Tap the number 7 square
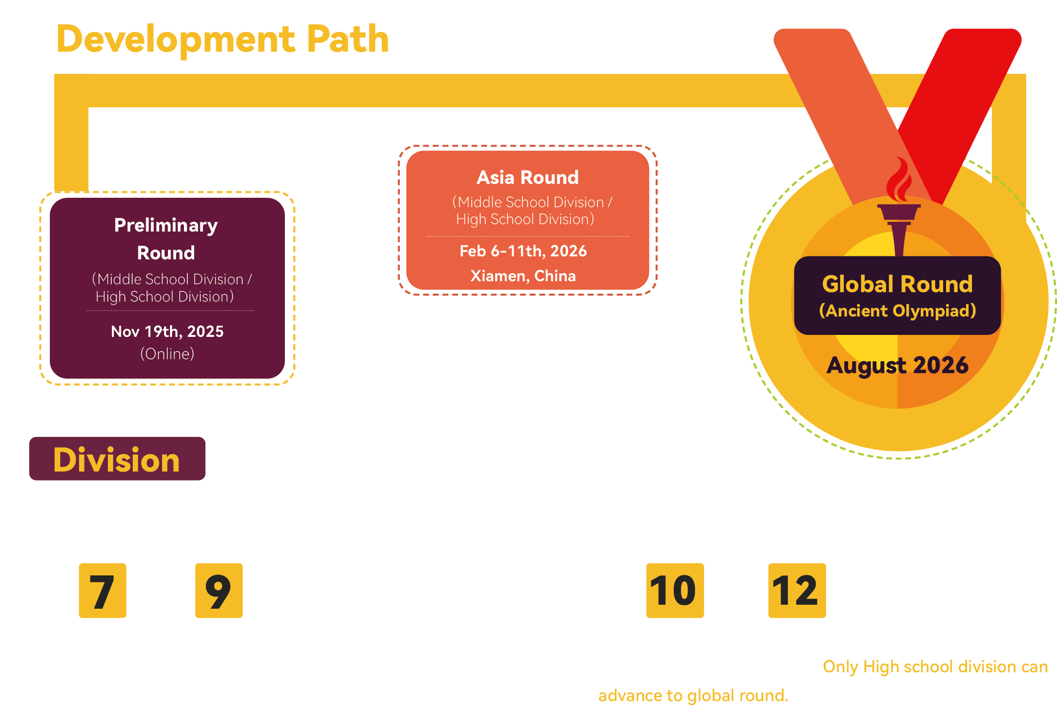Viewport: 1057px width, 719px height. (102, 590)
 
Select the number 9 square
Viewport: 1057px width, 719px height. (219, 590)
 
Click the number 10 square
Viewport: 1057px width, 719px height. (675, 590)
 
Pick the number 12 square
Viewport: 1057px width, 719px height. (796, 590)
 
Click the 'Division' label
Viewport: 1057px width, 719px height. (117, 459)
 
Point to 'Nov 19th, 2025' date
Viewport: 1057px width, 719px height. (167, 331)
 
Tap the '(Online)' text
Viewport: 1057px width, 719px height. (167, 354)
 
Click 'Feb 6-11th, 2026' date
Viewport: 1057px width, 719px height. (523, 251)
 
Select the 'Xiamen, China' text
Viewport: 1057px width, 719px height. (523, 276)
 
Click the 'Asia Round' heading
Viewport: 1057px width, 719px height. (528, 177)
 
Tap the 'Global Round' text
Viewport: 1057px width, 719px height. (897, 284)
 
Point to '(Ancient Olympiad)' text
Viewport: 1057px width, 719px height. (897, 311)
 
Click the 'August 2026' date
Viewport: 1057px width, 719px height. (897, 365)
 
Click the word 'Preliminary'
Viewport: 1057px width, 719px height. (166, 226)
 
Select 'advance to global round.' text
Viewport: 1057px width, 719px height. (693, 695)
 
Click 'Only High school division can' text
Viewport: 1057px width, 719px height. (935, 666)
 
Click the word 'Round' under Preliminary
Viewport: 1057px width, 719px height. (166, 253)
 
